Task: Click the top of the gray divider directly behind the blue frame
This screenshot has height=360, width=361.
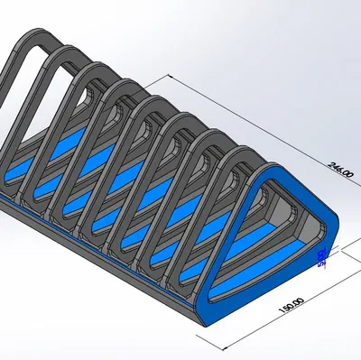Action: [x=236, y=149]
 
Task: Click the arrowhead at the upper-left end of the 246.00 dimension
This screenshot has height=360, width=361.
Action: [x=167, y=75]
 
